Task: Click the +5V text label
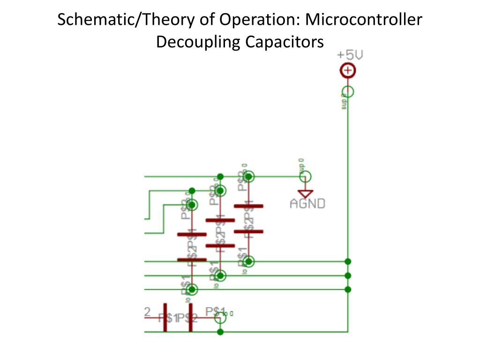(350, 55)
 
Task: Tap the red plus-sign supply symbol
(348, 71)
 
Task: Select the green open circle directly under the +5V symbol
(348, 92)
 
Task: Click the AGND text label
(307, 204)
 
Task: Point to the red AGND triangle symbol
(306, 193)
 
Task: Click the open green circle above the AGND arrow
(306, 177)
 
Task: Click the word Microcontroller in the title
(363, 20)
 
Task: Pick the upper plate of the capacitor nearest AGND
(248, 206)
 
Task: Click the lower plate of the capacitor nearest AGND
(248, 231)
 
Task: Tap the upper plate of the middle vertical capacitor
(220, 220)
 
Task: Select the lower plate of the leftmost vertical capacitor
(192, 260)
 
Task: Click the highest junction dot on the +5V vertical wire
(348, 261)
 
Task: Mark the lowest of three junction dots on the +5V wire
(348, 289)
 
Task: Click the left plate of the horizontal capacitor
(165, 317)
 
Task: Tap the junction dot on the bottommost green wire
(220, 332)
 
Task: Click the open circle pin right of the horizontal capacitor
(220, 318)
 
